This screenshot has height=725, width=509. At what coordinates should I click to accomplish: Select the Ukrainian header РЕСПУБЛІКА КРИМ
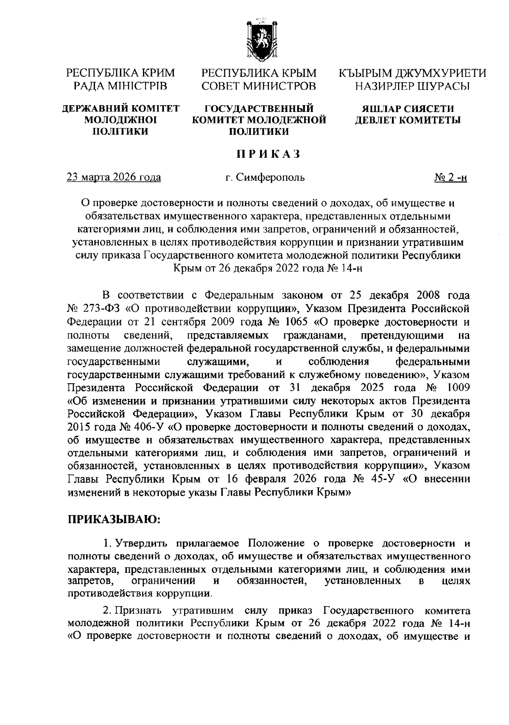120,73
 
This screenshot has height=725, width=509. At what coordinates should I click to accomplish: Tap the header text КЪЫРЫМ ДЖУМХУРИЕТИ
412,73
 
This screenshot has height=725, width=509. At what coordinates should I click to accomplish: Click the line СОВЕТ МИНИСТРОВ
259,86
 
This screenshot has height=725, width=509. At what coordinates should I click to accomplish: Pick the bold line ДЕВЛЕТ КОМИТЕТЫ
408,120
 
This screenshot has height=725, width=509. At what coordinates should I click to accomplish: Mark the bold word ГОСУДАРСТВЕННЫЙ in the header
259,109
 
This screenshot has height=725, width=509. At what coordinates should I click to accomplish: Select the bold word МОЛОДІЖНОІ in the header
120,120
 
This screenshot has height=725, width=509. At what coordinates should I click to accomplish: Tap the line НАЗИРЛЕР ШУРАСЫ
412,86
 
